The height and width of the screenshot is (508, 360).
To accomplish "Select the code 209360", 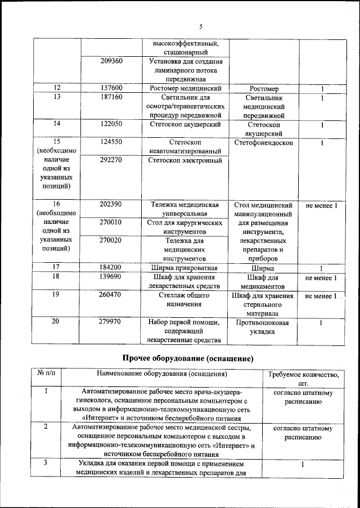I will (x=111, y=61).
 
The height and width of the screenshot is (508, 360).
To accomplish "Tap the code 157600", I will (x=111, y=89).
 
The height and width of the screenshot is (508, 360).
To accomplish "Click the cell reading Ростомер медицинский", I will (x=186, y=89).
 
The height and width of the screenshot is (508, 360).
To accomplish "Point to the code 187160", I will (x=111, y=97).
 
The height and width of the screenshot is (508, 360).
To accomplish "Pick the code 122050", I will (x=111, y=124).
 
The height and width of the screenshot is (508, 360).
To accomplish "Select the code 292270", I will (x=111, y=160).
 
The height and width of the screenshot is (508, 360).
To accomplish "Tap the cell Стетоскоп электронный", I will (x=186, y=160).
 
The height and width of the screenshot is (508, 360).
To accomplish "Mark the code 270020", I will (x=111, y=240).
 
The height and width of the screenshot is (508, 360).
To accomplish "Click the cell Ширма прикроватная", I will (x=186, y=267).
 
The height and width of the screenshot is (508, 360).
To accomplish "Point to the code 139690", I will (x=111, y=277).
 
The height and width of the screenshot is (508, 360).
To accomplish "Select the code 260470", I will (x=111, y=294).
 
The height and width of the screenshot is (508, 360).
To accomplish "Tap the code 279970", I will (x=111, y=321).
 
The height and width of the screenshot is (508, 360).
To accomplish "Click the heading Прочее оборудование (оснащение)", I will (x=188, y=358).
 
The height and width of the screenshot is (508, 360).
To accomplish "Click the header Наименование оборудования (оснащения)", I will (x=162, y=373).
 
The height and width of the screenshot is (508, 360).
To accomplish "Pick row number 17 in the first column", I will (x=56, y=267).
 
